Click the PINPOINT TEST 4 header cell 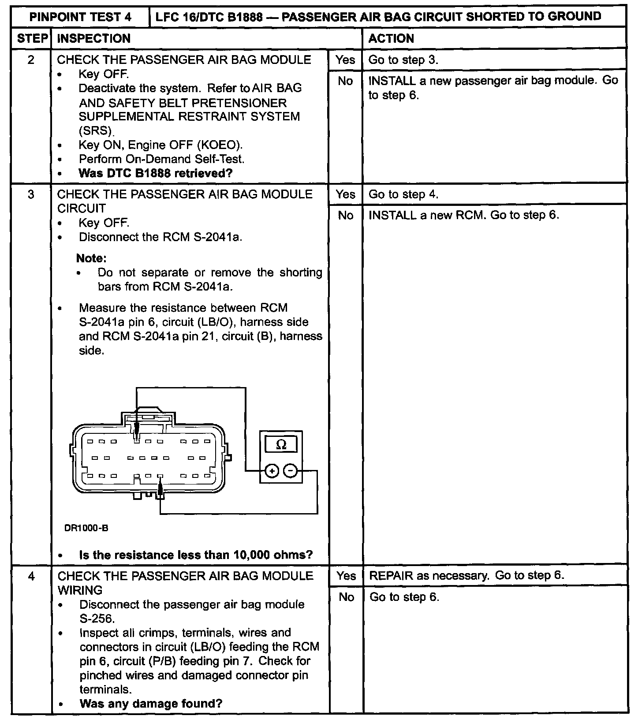tap(80, 17)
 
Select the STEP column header tap(32, 38)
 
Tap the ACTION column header tap(391, 38)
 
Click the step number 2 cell tap(31, 60)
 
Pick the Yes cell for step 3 tap(345, 194)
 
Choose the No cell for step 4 tap(346, 597)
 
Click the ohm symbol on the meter tap(281, 445)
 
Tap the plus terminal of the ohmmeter tap(272, 471)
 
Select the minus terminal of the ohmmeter tap(290, 471)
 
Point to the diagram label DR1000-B tap(86, 529)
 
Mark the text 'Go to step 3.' tap(403, 60)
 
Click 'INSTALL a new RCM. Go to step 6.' tap(463, 215)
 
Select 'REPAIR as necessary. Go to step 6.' tap(467, 575)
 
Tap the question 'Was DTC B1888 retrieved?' tap(155, 173)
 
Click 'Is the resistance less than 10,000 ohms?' tap(196, 555)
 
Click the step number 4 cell tap(31, 576)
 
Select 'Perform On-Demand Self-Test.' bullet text tap(161, 159)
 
